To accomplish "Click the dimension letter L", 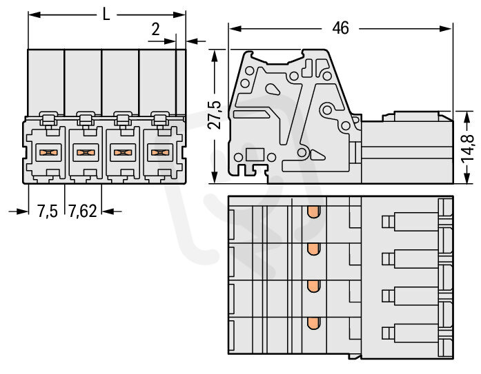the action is point(106,14).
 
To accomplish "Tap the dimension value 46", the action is point(340,28).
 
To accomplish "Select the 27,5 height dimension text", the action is point(215,115).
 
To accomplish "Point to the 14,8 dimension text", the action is point(467,149).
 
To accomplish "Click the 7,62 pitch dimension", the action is point(83,211).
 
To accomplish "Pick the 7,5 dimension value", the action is point(47,211).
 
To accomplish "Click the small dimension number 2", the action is point(155,30).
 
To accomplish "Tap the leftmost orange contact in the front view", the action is point(48,152).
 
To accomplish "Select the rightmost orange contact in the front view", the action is point(160,152).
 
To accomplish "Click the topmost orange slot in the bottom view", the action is point(313,211).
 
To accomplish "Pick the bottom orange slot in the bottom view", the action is point(313,323).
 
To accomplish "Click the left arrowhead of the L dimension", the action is point(35,14).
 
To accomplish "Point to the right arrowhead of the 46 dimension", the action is point(446,29).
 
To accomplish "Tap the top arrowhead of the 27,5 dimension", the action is point(215,56).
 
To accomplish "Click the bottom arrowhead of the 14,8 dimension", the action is point(467,177).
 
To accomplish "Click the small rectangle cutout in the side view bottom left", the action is point(255,154).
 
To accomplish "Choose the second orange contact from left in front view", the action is point(86,152).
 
